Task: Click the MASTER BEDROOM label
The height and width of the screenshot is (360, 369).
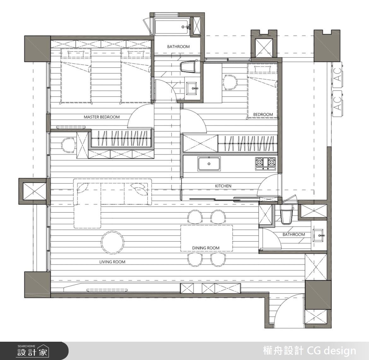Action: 102,117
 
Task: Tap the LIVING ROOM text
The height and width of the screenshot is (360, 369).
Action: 112,262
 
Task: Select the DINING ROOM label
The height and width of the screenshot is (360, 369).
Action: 206,248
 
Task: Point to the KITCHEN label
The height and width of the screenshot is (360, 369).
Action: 223,186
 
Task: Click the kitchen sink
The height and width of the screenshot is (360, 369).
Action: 209,164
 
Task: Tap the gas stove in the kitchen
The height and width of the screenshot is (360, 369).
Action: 266,163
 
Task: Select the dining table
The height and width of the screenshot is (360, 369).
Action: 207,238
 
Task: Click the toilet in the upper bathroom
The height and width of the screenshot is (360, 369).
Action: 189,67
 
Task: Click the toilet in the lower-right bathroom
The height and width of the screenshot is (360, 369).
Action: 286,214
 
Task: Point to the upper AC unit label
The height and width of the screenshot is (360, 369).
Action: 338,75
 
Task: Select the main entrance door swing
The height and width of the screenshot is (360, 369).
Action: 289,309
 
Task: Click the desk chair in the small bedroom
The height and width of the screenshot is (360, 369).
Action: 230,82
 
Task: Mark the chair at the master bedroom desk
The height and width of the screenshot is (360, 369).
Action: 68,145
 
